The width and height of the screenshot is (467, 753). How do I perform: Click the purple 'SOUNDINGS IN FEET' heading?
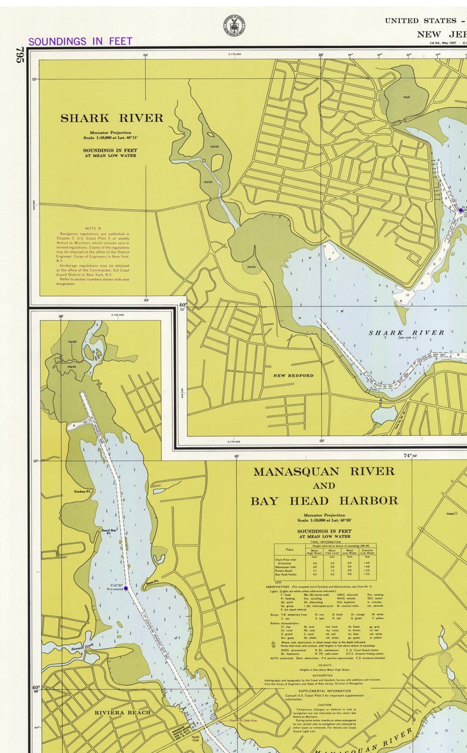[x=80, y=42]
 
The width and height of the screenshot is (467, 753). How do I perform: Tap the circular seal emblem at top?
[x=233, y=25]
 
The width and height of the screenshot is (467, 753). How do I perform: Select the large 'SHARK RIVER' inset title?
[x=112, y=118]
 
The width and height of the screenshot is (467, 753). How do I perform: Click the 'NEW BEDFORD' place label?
[x=293, y=375]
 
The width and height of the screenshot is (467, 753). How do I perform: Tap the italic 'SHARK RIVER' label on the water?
[x=406, y=333]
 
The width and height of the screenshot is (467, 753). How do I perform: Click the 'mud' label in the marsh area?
[x=406, y=98]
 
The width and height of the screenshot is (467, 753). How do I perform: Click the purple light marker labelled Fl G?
[x=126, y=588]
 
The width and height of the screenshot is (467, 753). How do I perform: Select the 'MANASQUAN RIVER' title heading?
[x=323, y=472]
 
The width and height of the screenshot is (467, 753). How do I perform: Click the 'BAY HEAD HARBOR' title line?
[x=323, y=501]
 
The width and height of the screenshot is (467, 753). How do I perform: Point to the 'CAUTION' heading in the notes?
[x=325, y=705]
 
